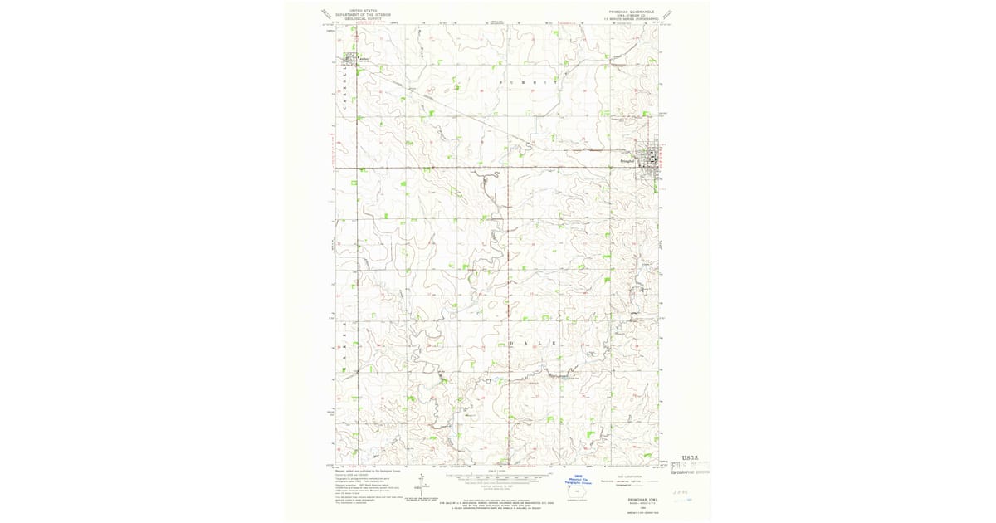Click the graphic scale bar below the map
tap(498, 477)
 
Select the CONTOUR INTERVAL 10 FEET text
tap(498, 485)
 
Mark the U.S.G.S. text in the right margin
tap(691, 458)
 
